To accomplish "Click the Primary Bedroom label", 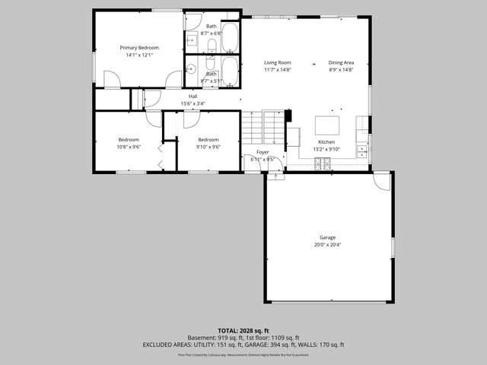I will tap(138, 47).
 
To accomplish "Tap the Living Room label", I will tap(278, 62).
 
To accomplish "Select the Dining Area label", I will tap(341, 62).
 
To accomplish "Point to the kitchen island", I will tap(328, 123).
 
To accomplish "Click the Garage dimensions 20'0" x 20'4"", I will tap(327, 245).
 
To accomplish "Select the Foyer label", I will tap(262, 153).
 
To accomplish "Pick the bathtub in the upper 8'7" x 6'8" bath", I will tap(231, 35).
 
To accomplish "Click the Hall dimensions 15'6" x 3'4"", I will tap(193, 103).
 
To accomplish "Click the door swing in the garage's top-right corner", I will tap(383, 182).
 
